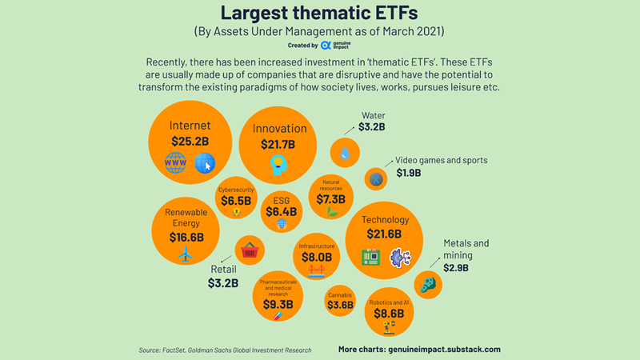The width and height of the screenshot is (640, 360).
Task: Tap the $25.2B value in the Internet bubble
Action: click(190, 142)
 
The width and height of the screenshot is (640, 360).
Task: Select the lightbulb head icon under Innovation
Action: click(278, 166)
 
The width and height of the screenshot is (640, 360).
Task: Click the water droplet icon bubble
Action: click(345, 152)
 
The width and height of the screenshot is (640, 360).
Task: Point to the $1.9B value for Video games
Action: click(409, 173)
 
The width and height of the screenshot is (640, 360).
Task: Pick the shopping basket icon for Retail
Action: click(250, 250)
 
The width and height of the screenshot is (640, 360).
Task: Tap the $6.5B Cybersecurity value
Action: click(235, 201)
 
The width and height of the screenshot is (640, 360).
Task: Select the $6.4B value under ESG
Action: click(282, 212)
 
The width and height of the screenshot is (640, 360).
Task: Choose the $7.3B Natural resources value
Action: click(330, 199)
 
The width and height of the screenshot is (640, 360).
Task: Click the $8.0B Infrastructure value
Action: click(316, 258)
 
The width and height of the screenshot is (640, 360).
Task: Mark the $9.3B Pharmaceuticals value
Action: click(278, 304)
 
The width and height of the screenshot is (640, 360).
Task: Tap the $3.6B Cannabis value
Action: click(340, 305)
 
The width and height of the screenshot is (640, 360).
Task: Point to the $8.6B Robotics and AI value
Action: click(389, 314)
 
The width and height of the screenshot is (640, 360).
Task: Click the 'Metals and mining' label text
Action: click(466, 249)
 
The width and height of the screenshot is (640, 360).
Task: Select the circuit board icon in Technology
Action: click(370, 257)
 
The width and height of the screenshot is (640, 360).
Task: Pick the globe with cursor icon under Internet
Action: click(205, 163)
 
